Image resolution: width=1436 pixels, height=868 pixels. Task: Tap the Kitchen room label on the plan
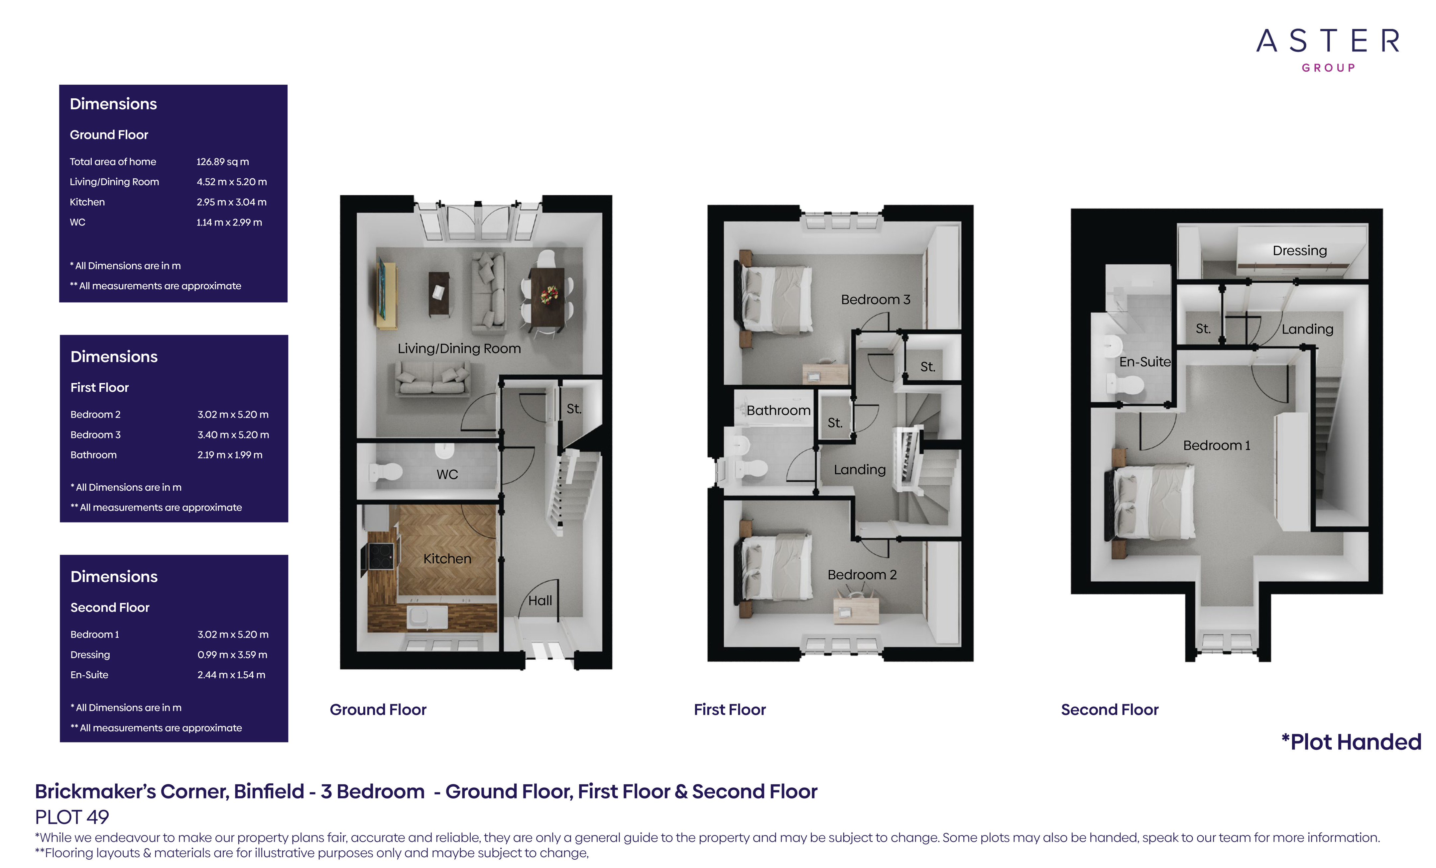coord(447,559)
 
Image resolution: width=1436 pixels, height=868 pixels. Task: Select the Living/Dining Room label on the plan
coord(459,348)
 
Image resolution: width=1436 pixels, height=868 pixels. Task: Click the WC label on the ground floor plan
coord(447,474)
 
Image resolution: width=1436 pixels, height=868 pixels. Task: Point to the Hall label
coord(540,601)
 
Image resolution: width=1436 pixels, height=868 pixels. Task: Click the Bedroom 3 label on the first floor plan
coord(875,299)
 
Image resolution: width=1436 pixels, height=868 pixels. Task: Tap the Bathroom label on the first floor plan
coord(778,410)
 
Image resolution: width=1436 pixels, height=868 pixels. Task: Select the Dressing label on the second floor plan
coord(1300,250)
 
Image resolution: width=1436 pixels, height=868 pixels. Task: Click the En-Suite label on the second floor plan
coord(1144,362)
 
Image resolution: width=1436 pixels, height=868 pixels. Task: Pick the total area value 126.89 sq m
coord(223,161)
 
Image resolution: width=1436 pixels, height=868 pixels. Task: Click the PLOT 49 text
coord(72,817)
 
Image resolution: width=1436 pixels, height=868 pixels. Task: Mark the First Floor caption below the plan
coord(730,710)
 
